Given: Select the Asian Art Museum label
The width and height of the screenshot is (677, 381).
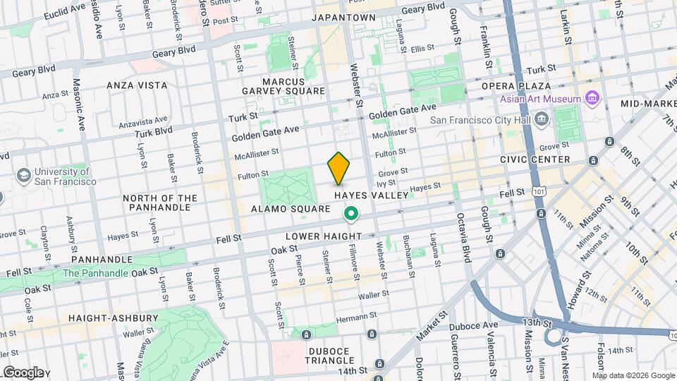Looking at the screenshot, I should [541, 99].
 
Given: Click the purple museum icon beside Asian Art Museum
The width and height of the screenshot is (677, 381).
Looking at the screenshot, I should [592, 98].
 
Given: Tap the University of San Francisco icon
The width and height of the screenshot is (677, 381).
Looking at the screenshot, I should [24, 174].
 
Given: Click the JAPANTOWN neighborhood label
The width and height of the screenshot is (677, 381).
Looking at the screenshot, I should [344, 18].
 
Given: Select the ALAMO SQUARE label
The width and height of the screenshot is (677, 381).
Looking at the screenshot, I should [291, 209].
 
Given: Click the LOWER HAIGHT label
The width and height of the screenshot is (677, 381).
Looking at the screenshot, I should [323, 236].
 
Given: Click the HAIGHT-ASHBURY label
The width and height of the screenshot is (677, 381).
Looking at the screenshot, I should [114, 318].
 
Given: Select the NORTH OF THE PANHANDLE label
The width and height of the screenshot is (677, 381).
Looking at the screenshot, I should [160, 202].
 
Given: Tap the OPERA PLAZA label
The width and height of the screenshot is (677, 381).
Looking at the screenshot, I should [525, 85].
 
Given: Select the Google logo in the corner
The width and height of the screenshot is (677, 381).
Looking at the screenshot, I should [23, 372].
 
